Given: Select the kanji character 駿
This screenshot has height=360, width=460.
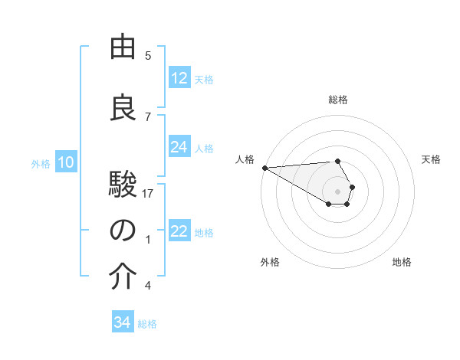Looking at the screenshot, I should [123, 185].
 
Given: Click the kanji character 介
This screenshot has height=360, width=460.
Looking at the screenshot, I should [123, 277].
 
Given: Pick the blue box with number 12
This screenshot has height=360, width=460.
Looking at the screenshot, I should [179, 78].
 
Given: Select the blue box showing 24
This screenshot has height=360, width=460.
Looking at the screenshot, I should [179, 147].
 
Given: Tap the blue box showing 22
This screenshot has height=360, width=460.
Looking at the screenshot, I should [179, 231].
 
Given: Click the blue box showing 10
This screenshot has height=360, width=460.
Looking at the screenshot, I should [66, 162].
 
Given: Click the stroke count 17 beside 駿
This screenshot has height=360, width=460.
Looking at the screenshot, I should [148, 194].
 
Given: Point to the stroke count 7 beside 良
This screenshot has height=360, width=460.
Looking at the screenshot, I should [148, 117].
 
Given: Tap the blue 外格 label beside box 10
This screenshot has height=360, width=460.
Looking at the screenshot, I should [41, 163].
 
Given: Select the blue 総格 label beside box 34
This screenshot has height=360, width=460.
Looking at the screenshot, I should [147, 324].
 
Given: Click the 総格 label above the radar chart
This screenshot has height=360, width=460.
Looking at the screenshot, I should [338, 100].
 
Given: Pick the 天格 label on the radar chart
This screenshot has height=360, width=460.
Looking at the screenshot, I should [431, 159].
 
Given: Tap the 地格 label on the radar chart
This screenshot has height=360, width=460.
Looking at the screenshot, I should [402, 262].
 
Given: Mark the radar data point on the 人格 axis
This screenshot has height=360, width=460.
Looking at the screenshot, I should [264, 167].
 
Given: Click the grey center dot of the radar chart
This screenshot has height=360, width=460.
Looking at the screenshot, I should [338, 190].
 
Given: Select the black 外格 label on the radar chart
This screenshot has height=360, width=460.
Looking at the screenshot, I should [270, 262].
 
